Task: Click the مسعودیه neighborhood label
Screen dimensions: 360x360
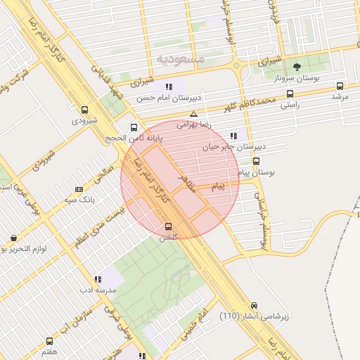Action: coord(180,59)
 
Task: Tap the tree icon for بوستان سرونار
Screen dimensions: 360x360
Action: coord(297,67)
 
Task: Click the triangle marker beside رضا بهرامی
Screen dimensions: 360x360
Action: coord(193,114)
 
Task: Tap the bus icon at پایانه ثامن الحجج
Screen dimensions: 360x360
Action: coord(134,127)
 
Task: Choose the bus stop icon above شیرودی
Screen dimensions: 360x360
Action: coord(85,110)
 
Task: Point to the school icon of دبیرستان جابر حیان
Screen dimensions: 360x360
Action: coord(233,136)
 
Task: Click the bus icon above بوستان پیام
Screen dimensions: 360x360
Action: coord(256,160)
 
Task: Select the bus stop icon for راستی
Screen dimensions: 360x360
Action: coord(290,94)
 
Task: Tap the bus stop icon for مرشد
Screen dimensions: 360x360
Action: coord(340,86)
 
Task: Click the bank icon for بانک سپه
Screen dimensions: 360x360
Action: coord(79,188)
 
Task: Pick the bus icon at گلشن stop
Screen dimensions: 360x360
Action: coord(168,226)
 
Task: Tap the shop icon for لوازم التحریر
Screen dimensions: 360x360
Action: coord(13,238)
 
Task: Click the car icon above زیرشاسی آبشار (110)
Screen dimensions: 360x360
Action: coord(254,306)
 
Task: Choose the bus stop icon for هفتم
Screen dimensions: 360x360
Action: coord(49,341)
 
